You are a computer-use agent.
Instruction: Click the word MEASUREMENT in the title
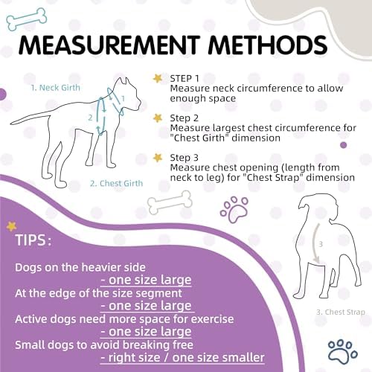tap(109, 45)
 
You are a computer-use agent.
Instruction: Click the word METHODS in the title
tap(268, 45)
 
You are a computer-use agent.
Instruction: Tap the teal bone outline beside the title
tap(26, 19)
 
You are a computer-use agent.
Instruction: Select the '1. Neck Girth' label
tap(56, 88)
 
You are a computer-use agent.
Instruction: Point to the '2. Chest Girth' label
tap(116, 183)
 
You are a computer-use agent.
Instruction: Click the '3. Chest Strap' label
tap(341, 312)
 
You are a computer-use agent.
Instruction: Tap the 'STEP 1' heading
tap(185, 78)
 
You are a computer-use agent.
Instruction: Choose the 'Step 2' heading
tap(185, 118)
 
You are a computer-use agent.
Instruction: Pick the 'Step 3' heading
tap(185, 158)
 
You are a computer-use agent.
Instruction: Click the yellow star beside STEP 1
tap(158, 78)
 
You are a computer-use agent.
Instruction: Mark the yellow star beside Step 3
tap(158, 158)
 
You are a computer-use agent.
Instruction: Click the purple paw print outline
tap(234, 210)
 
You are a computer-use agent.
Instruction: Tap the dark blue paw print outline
tap(343, 352)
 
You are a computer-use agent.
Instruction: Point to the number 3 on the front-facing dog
tap(321, 244)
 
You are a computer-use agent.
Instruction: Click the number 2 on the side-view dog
tap(90, 118)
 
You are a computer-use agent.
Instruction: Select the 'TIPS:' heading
tap(33, 240)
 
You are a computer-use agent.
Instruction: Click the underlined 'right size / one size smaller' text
tap(182, 358)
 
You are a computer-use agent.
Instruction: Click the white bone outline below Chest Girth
tap(170, 202)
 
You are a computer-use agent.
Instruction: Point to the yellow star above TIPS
tap(11, 226)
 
